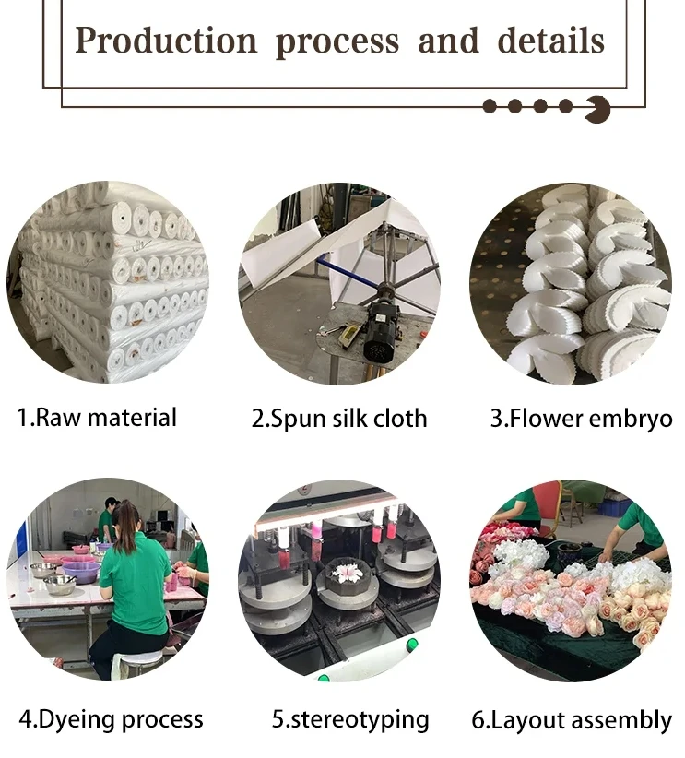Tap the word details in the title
point(551,41)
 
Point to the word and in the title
point(448,41)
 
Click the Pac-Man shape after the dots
point(597,109)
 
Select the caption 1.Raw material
point(97,417)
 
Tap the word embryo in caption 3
point(632,418)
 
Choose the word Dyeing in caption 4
point(84,719)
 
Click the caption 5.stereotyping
point(349,719)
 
